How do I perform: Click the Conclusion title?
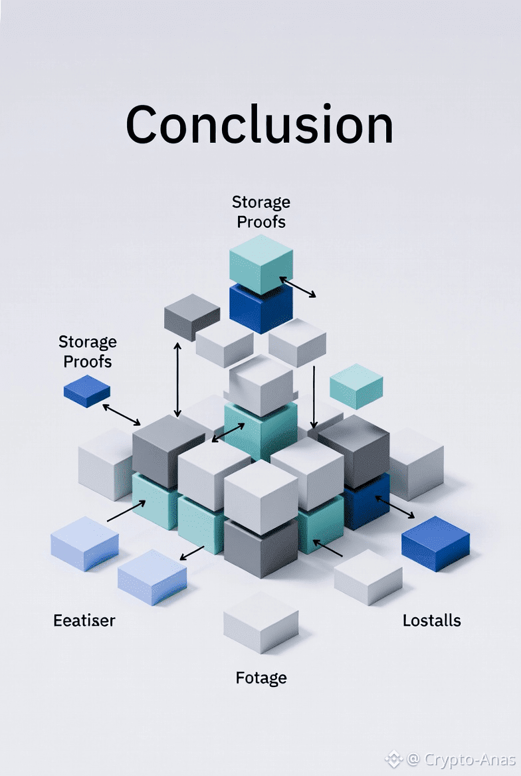[259, 124]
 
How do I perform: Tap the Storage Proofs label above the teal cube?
[260, 211]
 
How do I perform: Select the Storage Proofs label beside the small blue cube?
[87, 351]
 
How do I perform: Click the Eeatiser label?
[84, 621]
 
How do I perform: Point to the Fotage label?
[261, 678]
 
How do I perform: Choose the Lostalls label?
[431, 621]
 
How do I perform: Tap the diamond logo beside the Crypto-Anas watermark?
[393, 758]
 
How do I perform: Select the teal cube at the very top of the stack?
[260, 263]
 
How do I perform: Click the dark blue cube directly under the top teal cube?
[260, 308]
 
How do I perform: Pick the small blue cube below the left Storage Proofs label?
[86, 391]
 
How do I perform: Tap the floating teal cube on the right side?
[356, 385]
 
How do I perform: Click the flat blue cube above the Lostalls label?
[435, 542]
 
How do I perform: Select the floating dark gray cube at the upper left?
[191, 316]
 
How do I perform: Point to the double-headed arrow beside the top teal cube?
[298, 288]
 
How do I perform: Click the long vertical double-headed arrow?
[177, 379]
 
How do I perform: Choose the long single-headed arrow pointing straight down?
[314, 397]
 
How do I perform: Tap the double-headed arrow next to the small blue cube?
[122, 415]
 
